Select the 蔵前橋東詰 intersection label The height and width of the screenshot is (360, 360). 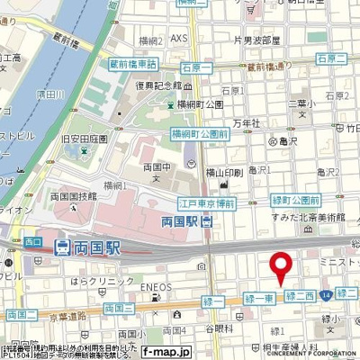[133, 64]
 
